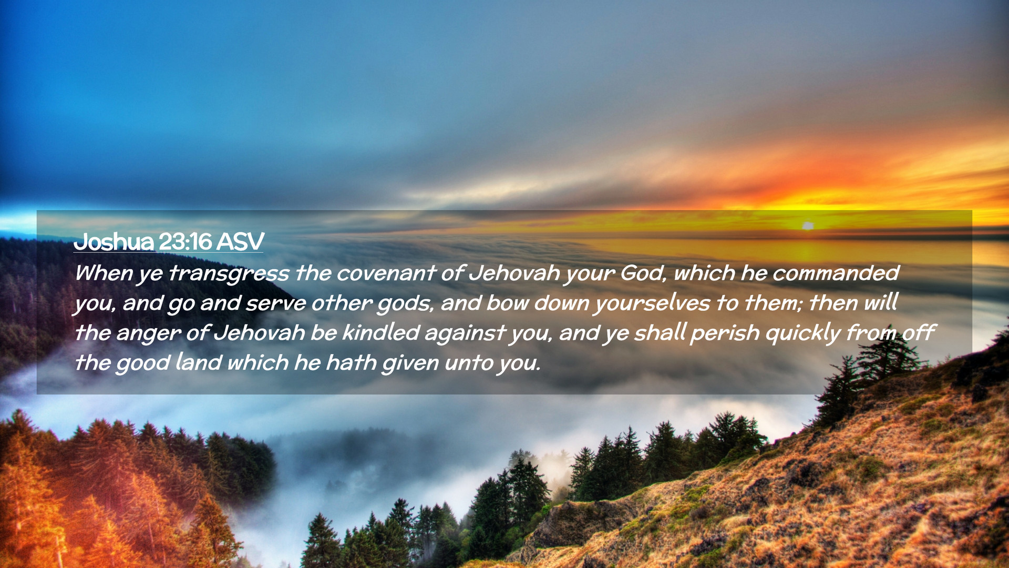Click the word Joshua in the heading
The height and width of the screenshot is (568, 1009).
(114, 242)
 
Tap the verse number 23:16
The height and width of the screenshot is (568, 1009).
(185, 242)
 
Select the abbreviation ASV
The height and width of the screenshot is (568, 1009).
(240, 242)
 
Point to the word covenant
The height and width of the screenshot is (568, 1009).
(386, 273)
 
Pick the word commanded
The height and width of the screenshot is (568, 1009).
(836, 273)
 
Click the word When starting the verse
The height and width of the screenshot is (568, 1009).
(103, 273)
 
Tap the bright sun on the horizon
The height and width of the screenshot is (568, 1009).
(808, 226)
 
